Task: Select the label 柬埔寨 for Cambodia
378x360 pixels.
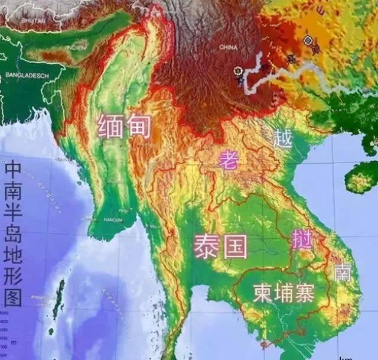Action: click(x=283, y=291)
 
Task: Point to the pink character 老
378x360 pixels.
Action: click(x=228, y=160)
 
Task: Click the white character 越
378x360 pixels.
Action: click(x=283, y=138)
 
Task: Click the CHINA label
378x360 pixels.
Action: click(x=229, y=47)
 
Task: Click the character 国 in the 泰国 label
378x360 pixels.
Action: click(x=234, y=245)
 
